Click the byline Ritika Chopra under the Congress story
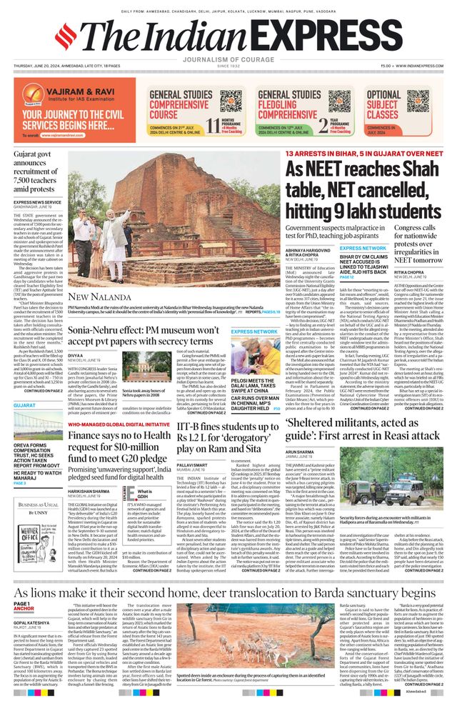click(400, 252)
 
